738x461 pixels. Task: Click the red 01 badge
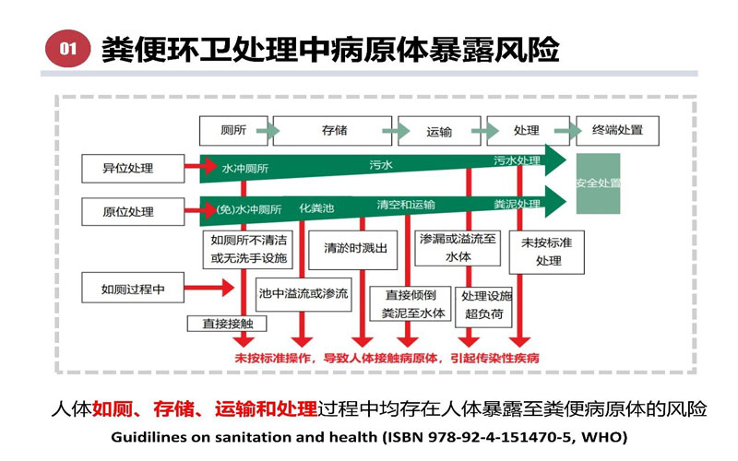click(x=68, y=50)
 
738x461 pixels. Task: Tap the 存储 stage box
click(x=334, y=130)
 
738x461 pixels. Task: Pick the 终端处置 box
click(x=618, y=130)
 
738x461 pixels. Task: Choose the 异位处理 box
click(x=128, y=169)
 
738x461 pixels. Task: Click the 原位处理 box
click(x=128, y=211)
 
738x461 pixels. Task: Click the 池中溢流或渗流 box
click(x=304, y=293)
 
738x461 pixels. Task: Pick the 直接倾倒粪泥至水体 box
click(x=414, y=304)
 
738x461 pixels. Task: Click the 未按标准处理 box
click(x=548, y=251)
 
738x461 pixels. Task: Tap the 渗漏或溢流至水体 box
click(x=458, y=247)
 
